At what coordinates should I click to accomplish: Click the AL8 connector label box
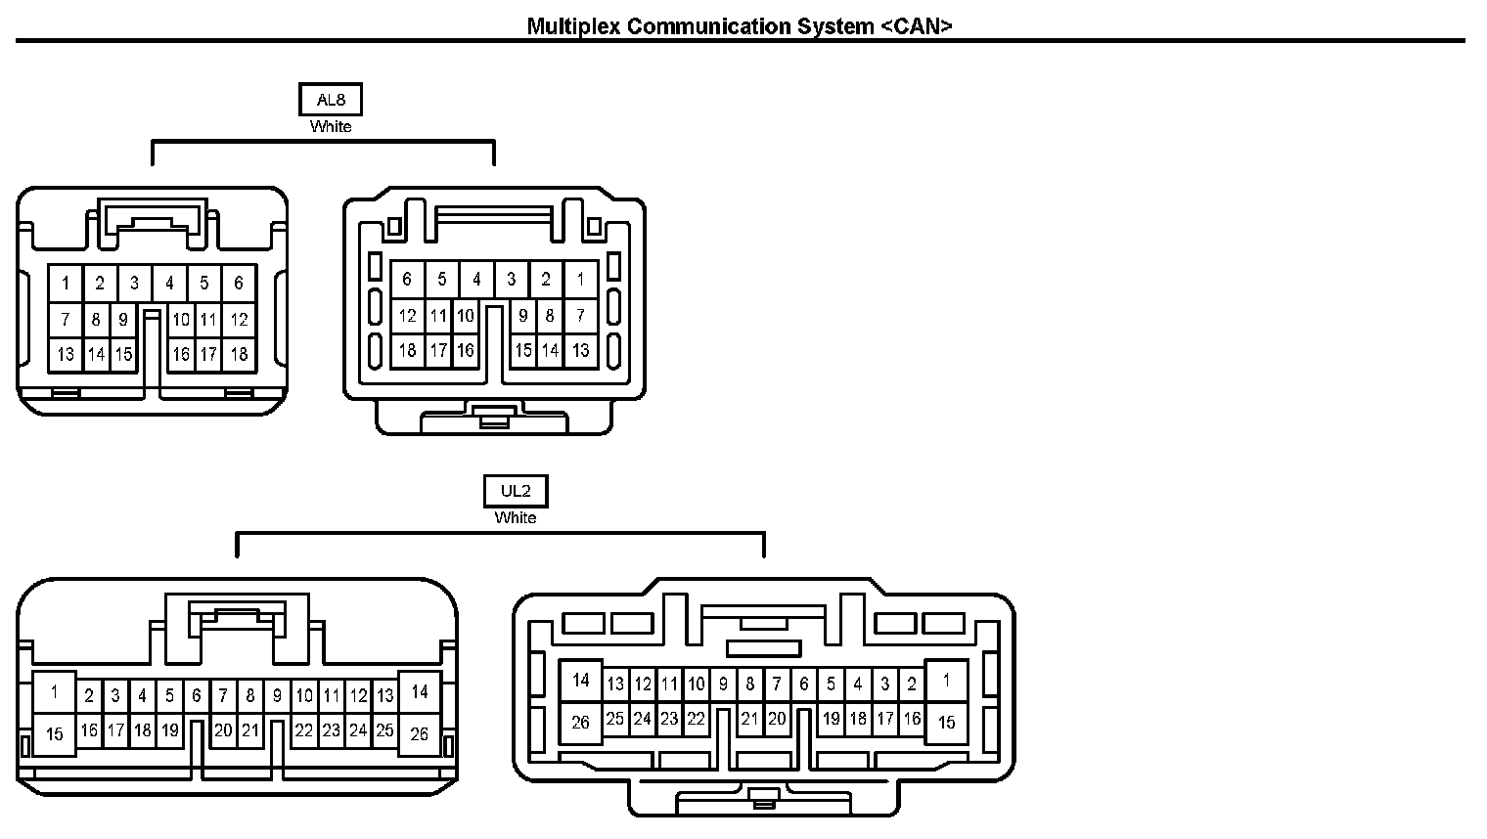point(331,100)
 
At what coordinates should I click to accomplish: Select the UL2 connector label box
point(516,491)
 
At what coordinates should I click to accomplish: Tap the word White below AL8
point(331,127)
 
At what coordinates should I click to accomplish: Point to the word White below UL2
point(516,518)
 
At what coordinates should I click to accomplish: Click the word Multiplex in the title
point(573,26)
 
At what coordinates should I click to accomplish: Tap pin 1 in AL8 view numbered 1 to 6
point(66,285)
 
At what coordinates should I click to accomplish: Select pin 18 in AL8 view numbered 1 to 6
point(239,354)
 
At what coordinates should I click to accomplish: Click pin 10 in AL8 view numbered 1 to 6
point(181,320)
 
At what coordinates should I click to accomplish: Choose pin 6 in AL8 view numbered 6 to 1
point(408,280)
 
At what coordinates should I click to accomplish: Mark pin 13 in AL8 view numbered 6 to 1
point(581,350)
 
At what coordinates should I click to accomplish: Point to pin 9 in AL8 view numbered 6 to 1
point(523,316)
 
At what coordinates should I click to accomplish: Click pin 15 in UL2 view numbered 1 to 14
point(55,733)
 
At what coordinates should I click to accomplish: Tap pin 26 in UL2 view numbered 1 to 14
point(420,733)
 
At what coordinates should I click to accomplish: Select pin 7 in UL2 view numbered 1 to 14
point(223,696)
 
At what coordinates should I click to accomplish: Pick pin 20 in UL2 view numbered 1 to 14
point(223,730)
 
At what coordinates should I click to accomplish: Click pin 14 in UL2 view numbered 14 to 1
point(581,681)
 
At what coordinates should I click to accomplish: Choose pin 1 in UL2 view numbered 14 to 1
point(946,681)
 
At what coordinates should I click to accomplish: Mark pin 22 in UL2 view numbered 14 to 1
point(696,720)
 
